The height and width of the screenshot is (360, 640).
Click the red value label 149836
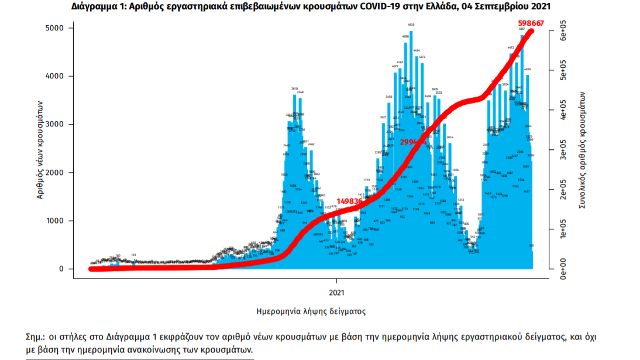pyautogui.click(x=350, y=201)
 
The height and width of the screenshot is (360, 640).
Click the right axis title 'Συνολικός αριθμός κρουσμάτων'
pyautogui.click(x=582, y=149)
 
